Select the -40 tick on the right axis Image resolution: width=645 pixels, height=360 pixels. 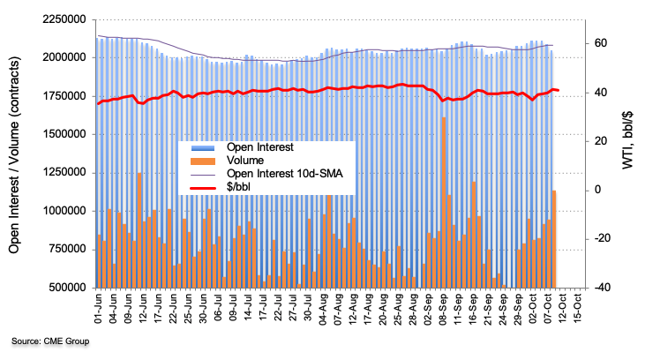[x=600, y=288]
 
